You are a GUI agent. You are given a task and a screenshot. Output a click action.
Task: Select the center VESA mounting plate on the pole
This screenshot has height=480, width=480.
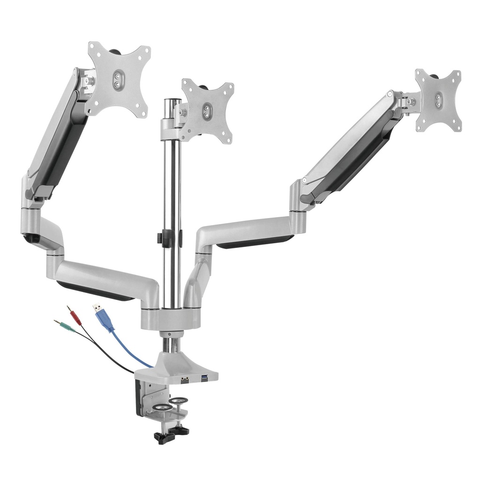click(207, 111)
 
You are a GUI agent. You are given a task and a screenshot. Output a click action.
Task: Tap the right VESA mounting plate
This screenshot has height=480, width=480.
click(438, 100)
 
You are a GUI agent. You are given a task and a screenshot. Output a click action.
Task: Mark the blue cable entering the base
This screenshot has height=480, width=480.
click(136, 359)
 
